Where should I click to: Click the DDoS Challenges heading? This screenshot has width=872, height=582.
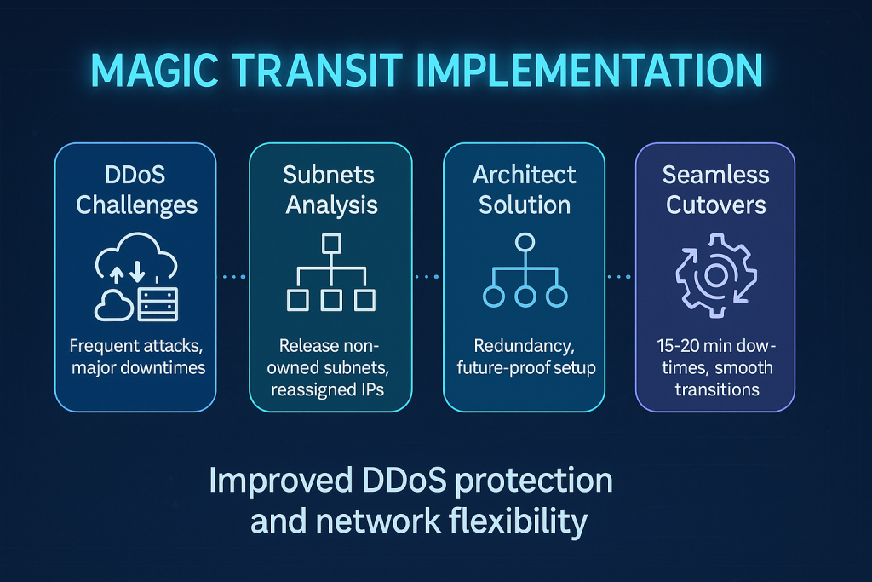pos(135,189)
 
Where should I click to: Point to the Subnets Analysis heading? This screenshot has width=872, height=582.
pos(330,189)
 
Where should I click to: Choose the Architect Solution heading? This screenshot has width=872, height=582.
pos(524,189)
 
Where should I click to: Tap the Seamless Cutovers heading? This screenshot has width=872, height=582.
pos(715,189)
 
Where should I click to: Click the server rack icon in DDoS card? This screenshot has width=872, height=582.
pos(158,303)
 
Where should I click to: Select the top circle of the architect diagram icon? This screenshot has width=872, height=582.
pos(525,241)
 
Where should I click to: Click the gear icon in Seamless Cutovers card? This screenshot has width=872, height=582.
pos(715,274)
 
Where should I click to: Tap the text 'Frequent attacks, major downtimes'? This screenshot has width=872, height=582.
pos(135,358)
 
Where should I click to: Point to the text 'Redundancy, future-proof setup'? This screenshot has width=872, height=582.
pos(524,358)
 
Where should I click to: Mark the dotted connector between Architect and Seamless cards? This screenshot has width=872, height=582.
pos(620,276)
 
